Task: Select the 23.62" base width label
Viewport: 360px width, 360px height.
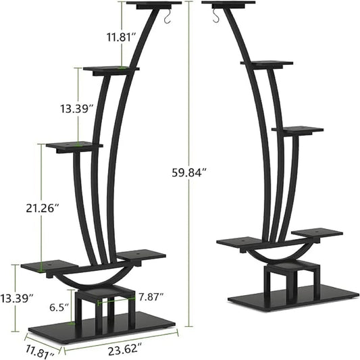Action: (125, 350)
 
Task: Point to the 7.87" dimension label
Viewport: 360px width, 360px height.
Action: (152, 296)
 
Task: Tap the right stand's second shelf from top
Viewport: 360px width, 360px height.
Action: (266, 63)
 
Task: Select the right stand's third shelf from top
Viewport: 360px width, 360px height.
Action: (297, 128)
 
